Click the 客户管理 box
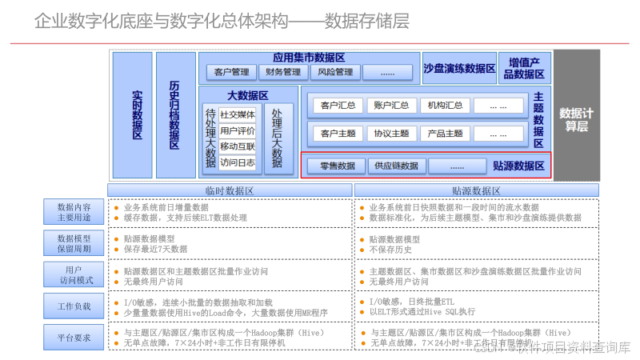231,72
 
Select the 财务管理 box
283,72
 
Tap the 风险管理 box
335,72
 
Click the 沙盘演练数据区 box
460,68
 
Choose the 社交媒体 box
238,114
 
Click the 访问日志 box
238,162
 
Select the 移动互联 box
238,146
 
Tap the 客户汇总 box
338,106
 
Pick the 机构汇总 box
445,106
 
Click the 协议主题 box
391,134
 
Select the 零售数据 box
338,166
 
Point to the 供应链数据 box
396,166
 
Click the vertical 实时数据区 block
133,114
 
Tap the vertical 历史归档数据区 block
175,114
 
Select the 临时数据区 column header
230,190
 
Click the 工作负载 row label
74,306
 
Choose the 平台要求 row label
74,337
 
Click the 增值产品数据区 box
524,68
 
